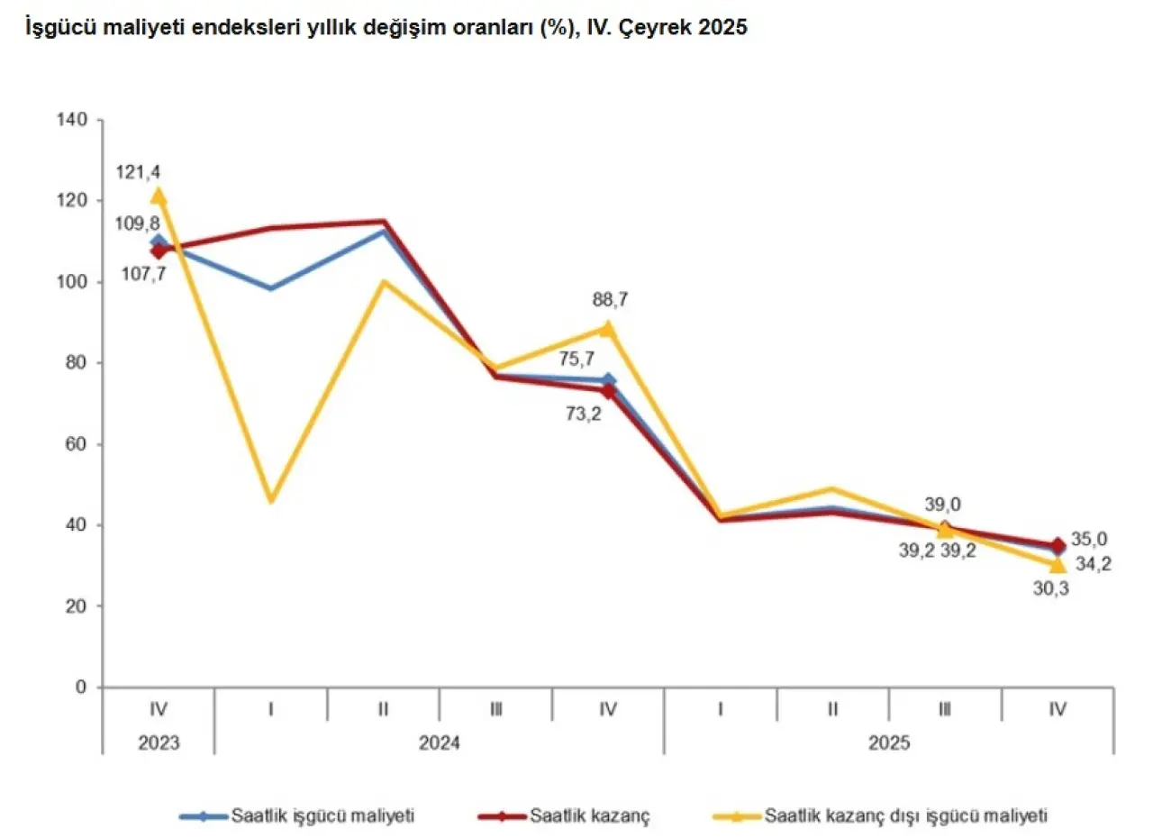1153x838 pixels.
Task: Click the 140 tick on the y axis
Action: [73, 120]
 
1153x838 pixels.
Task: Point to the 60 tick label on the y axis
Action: [77, 444]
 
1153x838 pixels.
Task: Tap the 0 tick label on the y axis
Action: [81, 688]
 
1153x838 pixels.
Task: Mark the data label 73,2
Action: [584, 415]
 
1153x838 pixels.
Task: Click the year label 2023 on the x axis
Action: [159, 744]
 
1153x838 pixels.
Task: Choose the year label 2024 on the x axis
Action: [439, 744]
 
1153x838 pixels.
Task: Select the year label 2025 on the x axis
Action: [888, 744]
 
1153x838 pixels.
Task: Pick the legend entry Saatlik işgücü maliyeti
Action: [322, 816]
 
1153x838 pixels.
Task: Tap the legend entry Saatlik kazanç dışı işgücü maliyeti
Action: [906, 816]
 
